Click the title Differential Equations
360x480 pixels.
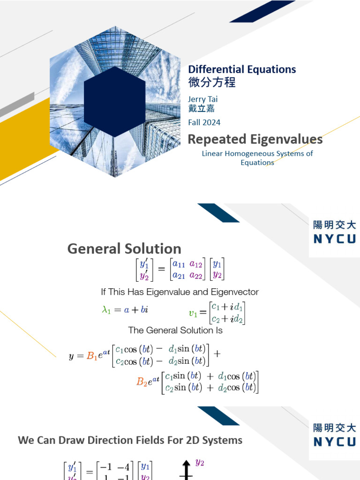[242, 69]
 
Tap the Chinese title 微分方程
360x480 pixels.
[212, 82]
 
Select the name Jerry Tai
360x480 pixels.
[202, 99]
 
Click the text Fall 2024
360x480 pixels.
[204, 122]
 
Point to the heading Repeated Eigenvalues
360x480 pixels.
[255, 139]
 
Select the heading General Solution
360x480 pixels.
[124, 248]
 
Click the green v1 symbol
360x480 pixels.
[193, 313]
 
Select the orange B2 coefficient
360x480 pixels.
[142, 382]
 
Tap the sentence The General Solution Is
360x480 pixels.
[175, 330]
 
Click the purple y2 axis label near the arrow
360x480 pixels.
[200, 463]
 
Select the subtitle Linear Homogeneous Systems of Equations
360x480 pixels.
[257, 158]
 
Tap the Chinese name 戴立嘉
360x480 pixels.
[202, 108]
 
